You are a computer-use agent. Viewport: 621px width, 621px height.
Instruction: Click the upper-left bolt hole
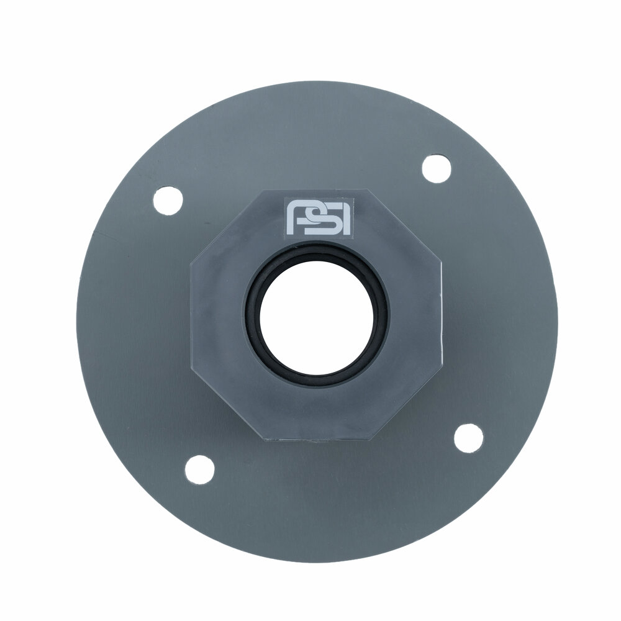[168, 201]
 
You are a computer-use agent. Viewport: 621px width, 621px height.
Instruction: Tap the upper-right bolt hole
[437, 169]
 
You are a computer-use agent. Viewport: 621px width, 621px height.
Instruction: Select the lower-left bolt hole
[199, 469]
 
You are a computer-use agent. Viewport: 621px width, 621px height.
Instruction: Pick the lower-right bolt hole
[468, 438]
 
